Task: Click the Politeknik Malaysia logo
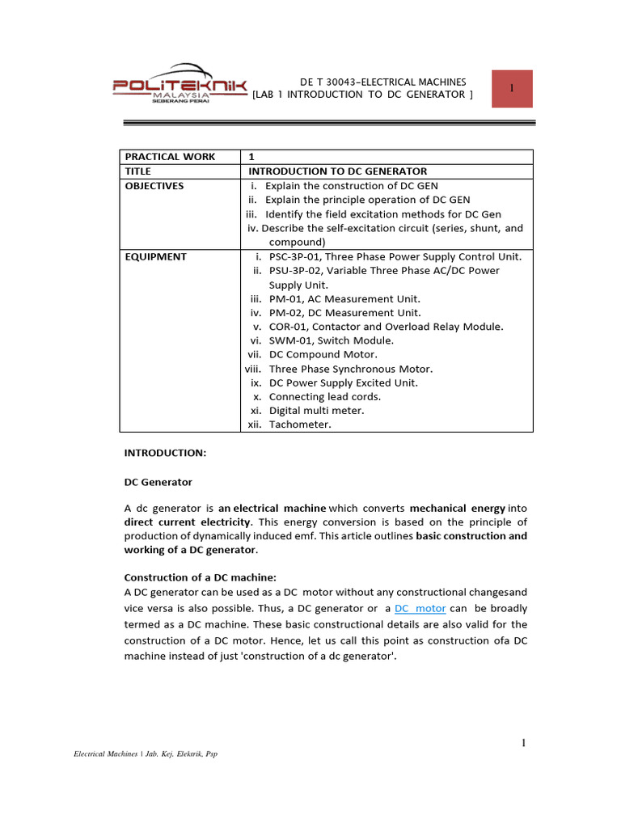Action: pos(179,86)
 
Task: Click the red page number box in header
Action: pos(512,88)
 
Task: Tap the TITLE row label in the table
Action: pos(137,171)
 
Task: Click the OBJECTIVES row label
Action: pos(154,186)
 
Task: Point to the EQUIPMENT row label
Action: pos(155,257)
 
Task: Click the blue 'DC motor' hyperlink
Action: pos(420,608)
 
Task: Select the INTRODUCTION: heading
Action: pos(165,454)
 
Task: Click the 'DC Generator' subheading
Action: pos(158,482)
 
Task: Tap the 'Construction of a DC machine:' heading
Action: pos(200,577)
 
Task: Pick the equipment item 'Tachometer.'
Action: pos(300,425)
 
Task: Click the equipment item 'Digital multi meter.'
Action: pos(316,411)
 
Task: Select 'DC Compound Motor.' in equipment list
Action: pos(323,354)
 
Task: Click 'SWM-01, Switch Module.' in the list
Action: pos(331,340)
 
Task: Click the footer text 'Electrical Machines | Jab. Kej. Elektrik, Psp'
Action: pos(146,754)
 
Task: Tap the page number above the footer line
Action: pos(523,743)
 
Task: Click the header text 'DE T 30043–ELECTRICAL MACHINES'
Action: pos(383,82)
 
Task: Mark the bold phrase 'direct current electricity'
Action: pos(186,523)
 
